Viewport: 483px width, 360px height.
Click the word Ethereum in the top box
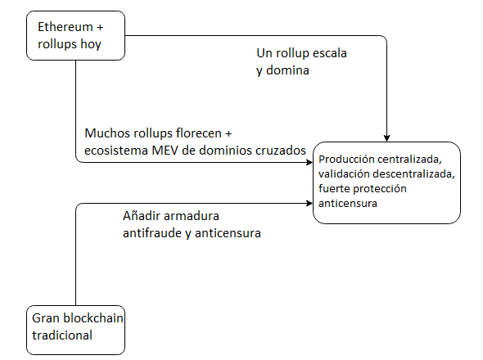[65, 27]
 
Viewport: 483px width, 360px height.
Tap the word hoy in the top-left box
[91, 44]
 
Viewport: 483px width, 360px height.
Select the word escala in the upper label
[330, 53]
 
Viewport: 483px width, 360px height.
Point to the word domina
[287, 70]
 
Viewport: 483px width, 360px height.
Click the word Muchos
[107, 133]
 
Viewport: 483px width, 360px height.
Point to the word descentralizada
[413, 174]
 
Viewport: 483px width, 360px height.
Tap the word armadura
[192, 216]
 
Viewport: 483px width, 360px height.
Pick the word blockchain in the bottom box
[93, 318]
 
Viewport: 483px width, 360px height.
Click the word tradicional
[62, 335]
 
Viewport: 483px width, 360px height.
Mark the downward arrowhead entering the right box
[387, 138]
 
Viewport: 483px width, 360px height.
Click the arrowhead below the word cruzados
[309, 162]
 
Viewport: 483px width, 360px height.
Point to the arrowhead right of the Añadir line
[309, 203]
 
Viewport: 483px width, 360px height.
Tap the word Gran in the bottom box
[46, 318]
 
